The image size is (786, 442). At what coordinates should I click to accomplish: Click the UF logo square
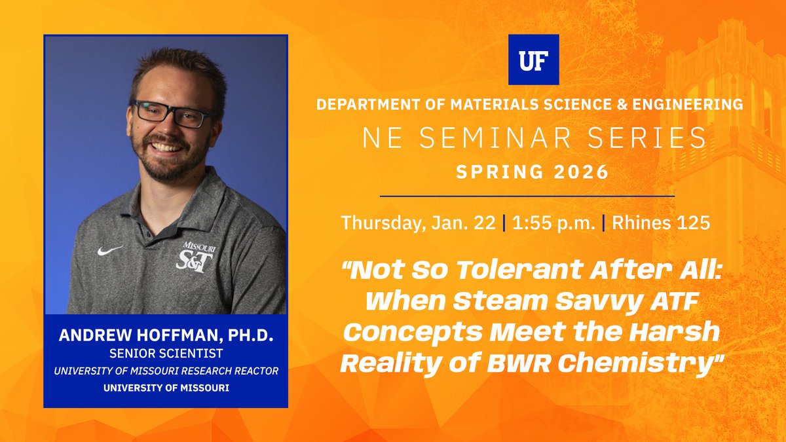(534, 60)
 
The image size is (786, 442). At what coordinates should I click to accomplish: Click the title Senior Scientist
(166, 354)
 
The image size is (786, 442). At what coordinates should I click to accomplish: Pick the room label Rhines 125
(661, 223)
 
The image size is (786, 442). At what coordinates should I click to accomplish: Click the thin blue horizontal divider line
(527, 196)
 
